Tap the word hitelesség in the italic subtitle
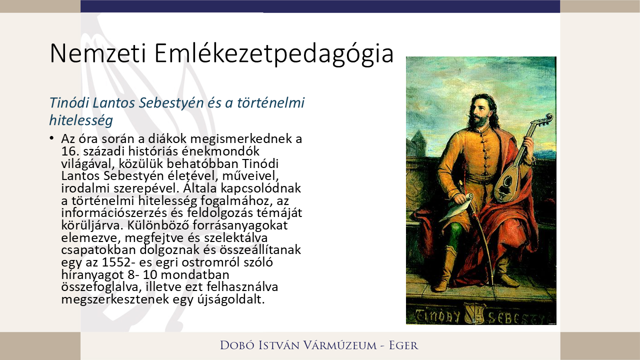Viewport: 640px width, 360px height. [x=80, y=120]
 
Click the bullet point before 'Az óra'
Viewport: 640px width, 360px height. [x=51, y=137]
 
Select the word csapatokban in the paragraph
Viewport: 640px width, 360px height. [x=94, y=250]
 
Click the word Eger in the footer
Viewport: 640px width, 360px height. [x=403, y=345]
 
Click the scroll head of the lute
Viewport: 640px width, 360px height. [x=547, y=119]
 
